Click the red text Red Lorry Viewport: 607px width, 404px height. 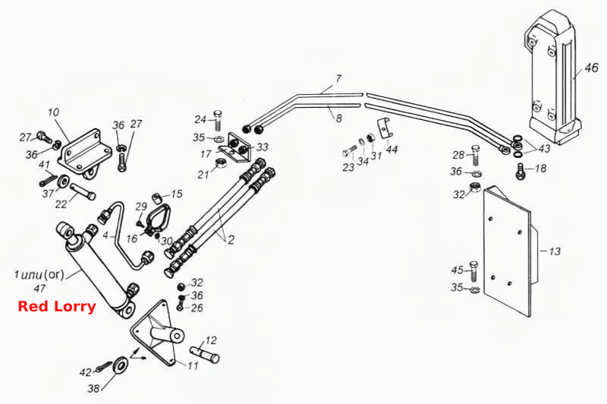coord(56,306)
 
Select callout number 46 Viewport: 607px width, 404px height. coord(591,68)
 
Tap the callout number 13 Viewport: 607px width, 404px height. coord(555,251)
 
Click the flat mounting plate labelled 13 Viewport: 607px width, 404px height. coord(508,251)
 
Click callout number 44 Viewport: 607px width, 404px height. coord(392,149)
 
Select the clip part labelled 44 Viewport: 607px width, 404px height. coord(384,128)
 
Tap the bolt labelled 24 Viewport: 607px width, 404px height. coord(218,120)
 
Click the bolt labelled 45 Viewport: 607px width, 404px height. coord(473,271)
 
